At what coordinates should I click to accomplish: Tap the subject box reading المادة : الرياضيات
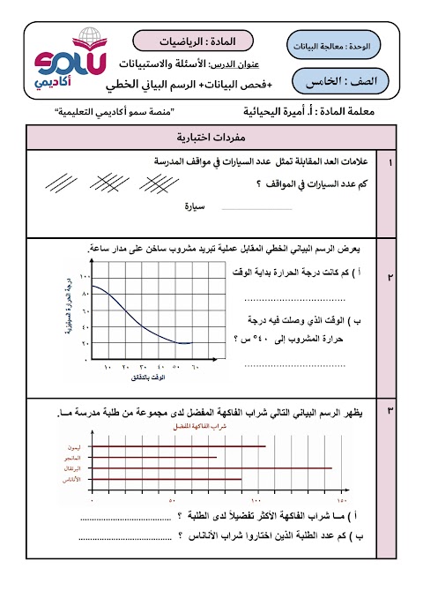pos(193,41)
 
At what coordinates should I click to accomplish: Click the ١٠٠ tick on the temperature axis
pos(85,277)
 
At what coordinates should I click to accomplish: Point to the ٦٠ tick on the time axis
pos(195,367)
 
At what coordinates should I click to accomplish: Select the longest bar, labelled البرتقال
pos(211,468)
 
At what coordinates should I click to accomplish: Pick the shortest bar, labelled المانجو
pos(153,458)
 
